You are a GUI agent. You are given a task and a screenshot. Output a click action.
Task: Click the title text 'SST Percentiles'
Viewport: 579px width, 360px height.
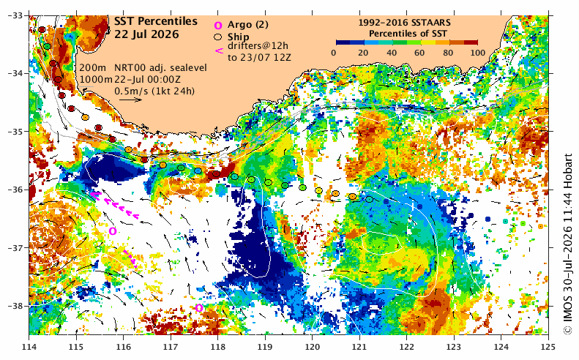155,21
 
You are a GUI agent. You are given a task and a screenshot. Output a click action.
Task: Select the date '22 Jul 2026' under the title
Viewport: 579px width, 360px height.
146,34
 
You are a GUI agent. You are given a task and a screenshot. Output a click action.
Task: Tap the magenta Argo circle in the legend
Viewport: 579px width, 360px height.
218,25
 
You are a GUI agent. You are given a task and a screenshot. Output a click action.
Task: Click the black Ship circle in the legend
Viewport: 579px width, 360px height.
218,37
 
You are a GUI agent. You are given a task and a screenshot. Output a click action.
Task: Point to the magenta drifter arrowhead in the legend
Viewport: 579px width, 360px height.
219,51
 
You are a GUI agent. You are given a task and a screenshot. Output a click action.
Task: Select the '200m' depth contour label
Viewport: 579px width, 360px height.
93,68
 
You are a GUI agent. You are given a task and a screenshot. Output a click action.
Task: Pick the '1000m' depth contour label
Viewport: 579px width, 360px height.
96,79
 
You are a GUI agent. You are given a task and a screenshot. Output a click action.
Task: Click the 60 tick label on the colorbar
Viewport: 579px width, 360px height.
419,53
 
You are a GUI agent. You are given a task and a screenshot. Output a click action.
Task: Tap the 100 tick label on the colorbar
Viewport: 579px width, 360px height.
478,53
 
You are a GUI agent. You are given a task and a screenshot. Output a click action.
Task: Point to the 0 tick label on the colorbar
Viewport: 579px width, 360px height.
334,53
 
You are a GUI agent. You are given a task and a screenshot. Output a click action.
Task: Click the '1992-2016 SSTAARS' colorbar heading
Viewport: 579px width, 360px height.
404,23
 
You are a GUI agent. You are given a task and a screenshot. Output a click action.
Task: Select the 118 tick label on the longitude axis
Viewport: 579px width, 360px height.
217,347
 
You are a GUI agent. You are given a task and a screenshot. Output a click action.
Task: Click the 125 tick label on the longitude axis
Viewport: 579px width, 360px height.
548,347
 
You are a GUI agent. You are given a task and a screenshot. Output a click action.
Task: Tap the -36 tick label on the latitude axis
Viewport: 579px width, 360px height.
15,190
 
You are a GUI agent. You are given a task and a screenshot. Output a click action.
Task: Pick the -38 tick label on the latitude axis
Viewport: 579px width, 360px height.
15,306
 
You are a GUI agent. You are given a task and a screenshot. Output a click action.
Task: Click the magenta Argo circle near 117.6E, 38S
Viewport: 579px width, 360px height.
199,307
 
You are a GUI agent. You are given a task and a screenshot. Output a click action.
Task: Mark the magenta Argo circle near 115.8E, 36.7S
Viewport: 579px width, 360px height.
113,231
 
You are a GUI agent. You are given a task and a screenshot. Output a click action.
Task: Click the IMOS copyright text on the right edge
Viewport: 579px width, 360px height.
567,244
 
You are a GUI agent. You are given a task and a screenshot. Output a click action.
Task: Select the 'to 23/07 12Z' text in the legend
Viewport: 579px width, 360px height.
259,58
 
